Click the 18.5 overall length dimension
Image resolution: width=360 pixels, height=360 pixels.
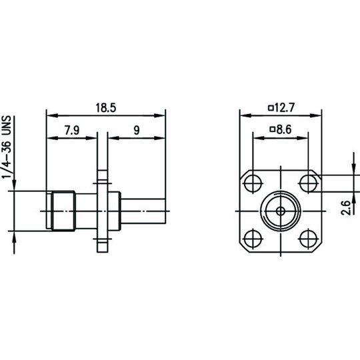pos(106,108)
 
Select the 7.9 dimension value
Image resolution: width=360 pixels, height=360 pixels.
pos(72,130)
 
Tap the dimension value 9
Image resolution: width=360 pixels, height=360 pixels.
pos(137,130)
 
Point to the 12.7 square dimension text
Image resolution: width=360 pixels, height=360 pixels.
pos(285,108)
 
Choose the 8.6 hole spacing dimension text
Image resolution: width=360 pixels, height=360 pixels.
pos(284,129)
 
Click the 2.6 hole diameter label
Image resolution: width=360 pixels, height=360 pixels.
pos(346,208)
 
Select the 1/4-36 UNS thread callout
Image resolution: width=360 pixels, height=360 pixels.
pos(7,147)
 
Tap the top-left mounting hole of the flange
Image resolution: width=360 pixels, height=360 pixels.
pos(253,183)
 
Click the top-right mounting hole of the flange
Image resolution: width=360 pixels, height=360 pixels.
pos(309,183)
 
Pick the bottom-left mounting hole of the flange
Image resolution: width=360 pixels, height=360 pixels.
pos(253,239)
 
